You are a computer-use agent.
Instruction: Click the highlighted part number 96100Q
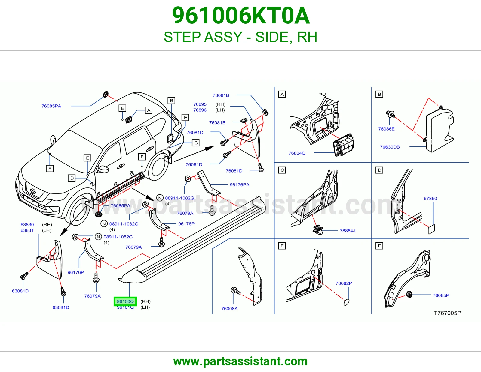tap(125, 301)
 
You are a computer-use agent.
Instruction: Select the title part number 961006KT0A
tap(240, 16)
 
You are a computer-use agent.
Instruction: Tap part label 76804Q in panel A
tap(297, 153)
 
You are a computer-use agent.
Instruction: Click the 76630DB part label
tap(390, 147)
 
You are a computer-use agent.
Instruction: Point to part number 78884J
tap(348, 231)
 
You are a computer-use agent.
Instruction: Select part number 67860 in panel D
tap(430, 198)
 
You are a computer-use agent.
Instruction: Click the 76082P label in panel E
tap(344, 283)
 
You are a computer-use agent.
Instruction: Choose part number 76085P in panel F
tap(441, 295)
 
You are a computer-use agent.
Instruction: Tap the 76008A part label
tap(230, 309)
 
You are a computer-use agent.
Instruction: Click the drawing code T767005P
tap(447, 313)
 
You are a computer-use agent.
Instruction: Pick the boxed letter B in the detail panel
tap(379, 94)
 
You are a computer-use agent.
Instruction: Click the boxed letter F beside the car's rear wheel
tap(142, 157)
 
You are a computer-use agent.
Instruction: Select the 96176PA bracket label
tap(240, 185)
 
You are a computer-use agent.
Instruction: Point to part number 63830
tap(27, 225)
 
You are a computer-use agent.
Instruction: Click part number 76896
tap(200, 110)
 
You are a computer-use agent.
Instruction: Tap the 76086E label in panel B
tap(387, 129)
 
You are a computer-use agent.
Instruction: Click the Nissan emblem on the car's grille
tap(33, 191)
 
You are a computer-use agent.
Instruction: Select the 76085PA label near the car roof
tap(51, 106)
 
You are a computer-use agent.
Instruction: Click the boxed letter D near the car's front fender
tap(72, 178)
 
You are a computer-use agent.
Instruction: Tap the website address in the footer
tap(240, 361)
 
